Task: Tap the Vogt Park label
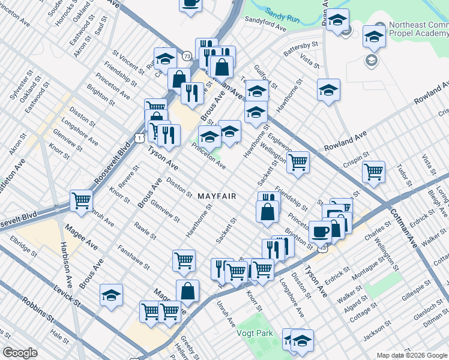(x=255, y=333)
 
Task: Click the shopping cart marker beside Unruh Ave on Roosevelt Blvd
(x=81, y=200)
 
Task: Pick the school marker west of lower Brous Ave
(x=111, y=295)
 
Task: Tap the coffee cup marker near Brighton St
(x=320, y=231)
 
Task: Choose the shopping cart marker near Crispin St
(x=374, y=171)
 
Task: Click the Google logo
(x=20, y=353)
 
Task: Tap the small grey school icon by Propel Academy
(x=371, y=60)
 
